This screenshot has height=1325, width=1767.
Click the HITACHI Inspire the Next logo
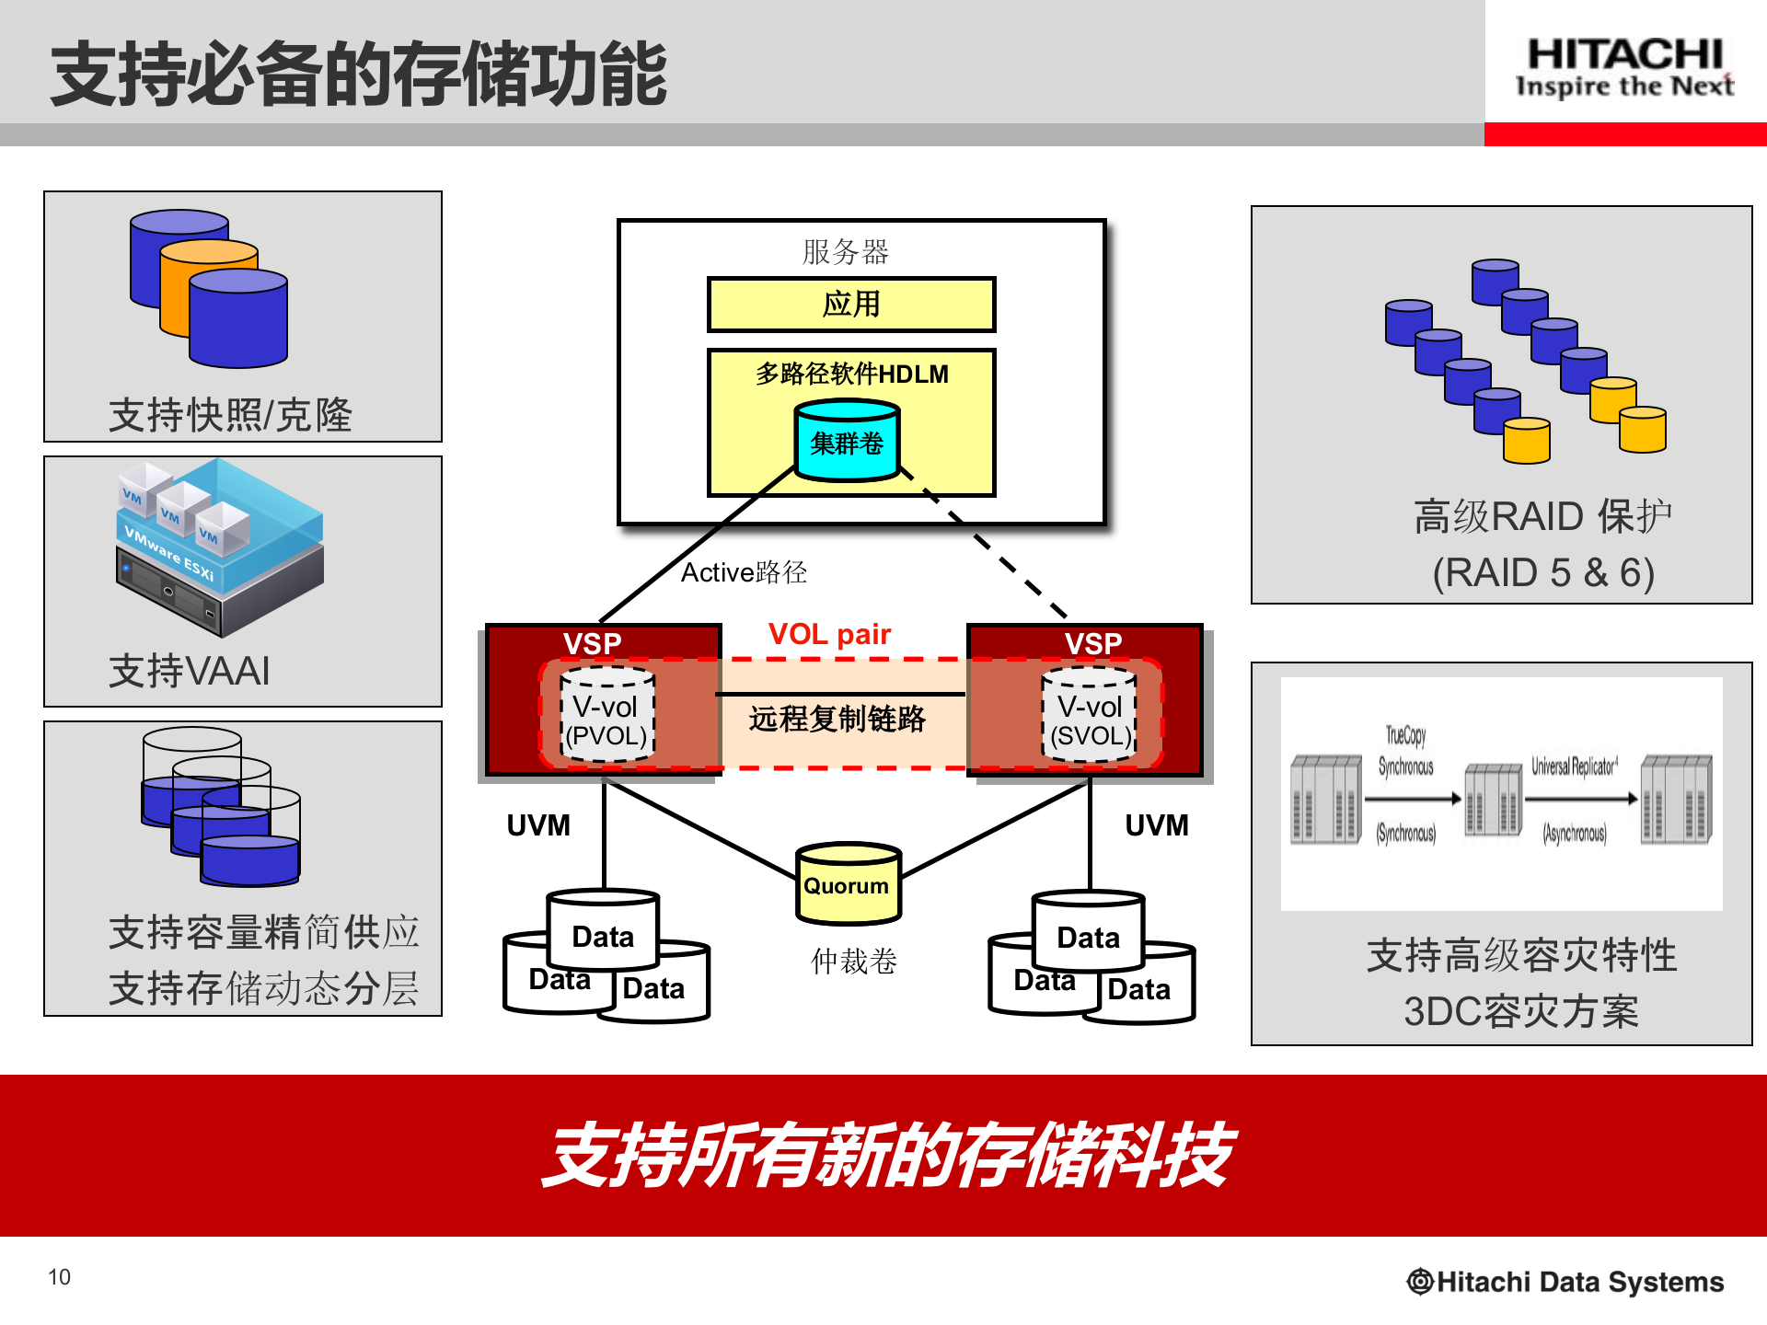coord(1624,66)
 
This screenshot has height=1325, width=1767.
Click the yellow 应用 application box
coord(851,305)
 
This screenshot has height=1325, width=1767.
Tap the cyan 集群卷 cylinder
coord(847,442)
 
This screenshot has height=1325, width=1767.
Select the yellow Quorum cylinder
coord(848,884)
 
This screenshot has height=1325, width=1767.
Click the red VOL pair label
coord(829,634)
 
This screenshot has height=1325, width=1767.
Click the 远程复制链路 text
coord(837,719)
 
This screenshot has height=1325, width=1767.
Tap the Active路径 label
coord(744,572)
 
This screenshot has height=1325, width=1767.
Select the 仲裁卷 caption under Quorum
coord(853,962)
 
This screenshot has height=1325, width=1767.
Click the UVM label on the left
coord(538,825)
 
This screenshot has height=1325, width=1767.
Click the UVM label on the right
coord(1157,825)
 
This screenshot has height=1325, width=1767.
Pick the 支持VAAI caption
coord(190,671)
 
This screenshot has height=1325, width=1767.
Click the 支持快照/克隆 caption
coord(230,415)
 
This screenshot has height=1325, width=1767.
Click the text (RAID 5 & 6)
coord(1543,572)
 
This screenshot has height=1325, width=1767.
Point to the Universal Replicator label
coord(1574,766)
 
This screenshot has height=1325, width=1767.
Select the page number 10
coord(59,1277)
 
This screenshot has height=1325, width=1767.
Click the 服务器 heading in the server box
coord(845,251)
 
